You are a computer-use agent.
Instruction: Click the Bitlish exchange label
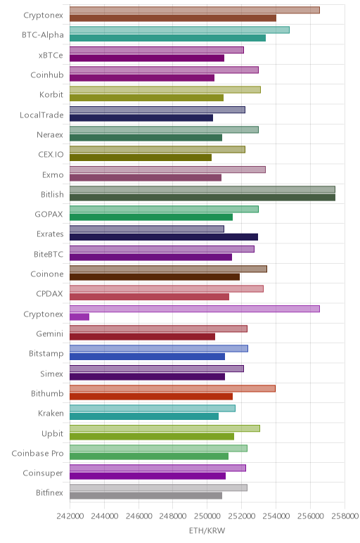[x=52, y=194]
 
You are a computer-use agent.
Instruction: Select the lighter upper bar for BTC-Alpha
[x=179, y=30]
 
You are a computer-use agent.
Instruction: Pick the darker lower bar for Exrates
[x=164, y=237]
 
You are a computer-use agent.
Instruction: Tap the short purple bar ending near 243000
[x=79, y=317]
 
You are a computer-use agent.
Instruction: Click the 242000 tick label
[x=70, y=516]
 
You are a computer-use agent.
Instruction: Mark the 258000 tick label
[x=345, y=516]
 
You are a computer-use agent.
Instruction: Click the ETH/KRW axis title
[x=207, y=530]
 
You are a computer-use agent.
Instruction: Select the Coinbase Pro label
[x=37, y=453]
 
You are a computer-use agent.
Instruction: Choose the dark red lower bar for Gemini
[x=142, y=337]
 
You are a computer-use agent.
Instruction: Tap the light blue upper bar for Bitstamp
[x=158, y=349]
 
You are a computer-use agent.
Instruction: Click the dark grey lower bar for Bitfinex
[x=146, y=496]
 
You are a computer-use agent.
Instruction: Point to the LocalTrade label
[x=41, y=115]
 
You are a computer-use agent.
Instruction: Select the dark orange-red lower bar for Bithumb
[x=151, y=397]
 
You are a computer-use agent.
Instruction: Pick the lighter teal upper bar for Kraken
[x=153, y=409]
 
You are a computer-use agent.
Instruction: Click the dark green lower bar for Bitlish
[x=202, y=198]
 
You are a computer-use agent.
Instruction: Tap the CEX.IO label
[x=51, y=155]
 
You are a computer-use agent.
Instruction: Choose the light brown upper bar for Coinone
[x=168, y=269]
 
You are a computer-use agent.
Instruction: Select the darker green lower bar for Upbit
[x=152, y=436]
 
